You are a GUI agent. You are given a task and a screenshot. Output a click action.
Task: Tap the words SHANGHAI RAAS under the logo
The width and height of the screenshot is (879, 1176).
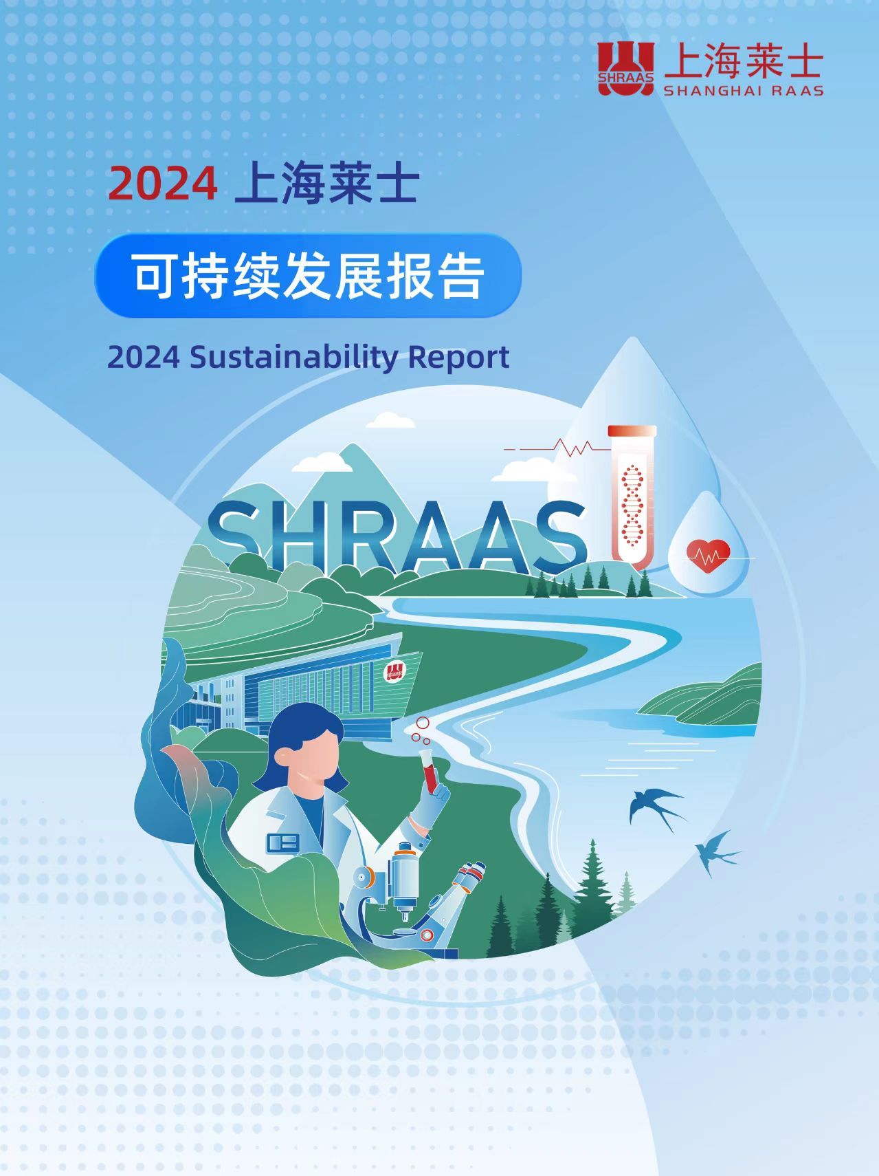pos(743,91)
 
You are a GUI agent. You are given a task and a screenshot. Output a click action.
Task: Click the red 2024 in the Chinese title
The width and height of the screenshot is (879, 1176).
pos(163,184)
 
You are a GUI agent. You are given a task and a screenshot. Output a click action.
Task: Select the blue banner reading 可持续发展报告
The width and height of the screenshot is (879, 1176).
pos(308,276)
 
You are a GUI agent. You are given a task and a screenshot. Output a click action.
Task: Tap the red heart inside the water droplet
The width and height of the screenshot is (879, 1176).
pos(709,554)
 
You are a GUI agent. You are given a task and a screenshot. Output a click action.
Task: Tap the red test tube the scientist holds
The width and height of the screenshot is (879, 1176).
pos(429,770)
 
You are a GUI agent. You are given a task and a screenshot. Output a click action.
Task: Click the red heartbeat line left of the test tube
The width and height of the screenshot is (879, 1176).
pos(557,448)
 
